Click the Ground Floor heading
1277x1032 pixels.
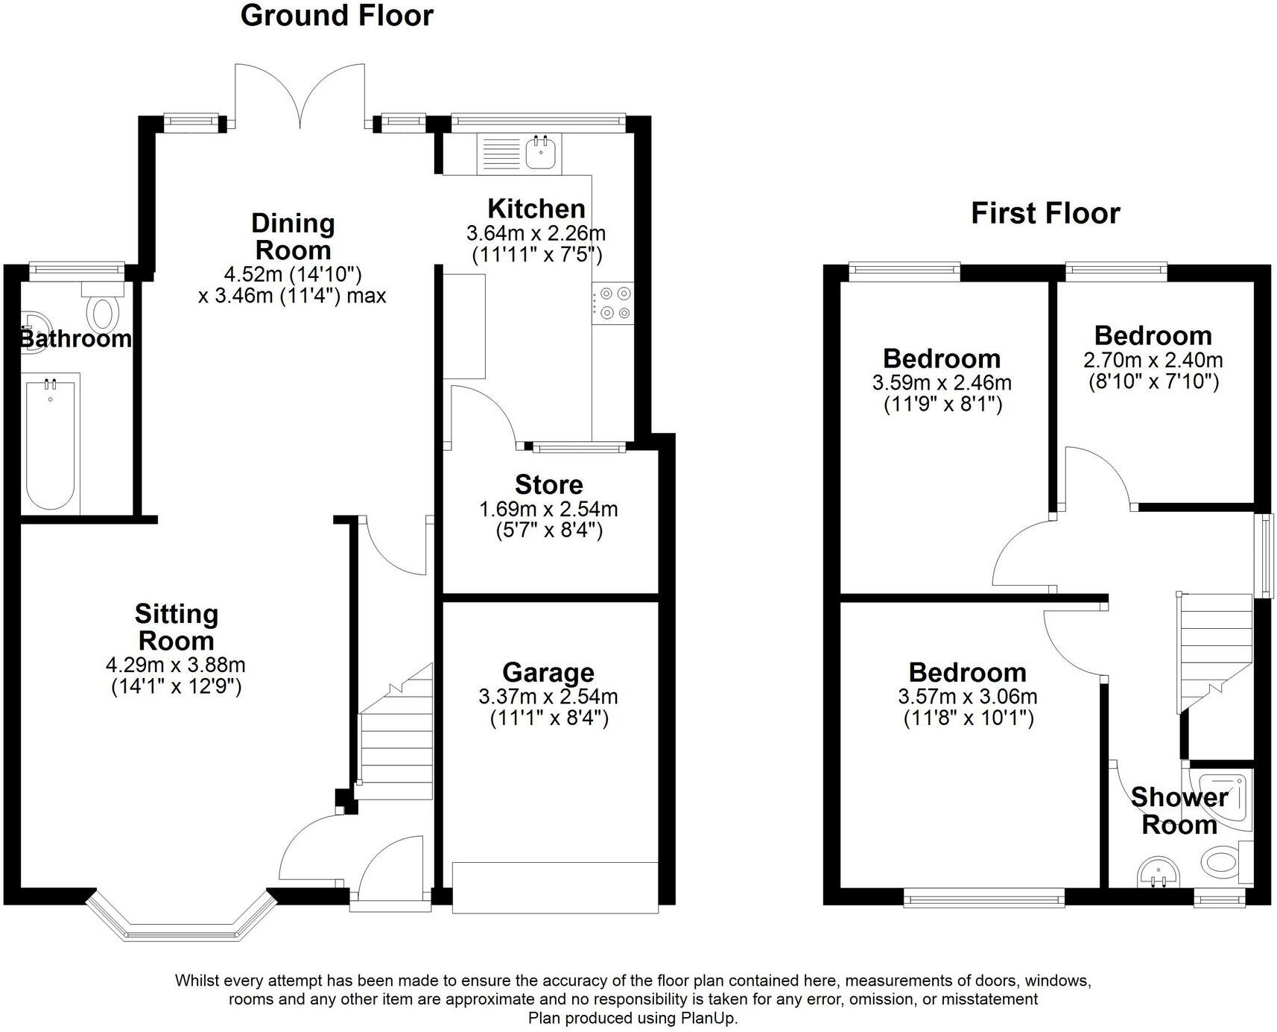(337, 16)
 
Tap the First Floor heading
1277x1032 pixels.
(1045, 214)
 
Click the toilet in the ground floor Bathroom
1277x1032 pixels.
(101, 311)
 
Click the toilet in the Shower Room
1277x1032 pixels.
(1222, 863)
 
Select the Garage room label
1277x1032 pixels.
(548, 672)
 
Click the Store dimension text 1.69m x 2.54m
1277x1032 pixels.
(548, 510)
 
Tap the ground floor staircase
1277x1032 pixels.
(396, 738)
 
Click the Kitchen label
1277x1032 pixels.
(536, 209)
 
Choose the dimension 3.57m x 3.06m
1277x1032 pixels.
(967, 697)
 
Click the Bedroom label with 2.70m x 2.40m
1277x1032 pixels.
(1153, 336)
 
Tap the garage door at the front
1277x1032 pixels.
(555, 887)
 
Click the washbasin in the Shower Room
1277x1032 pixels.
(1159, 873)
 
